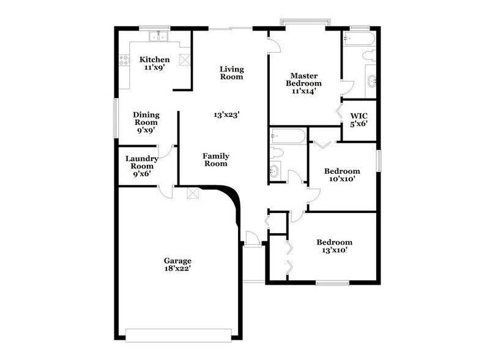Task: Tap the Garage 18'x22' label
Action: (177, 264)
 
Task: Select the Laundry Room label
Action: (142, 166)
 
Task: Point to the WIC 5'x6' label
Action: (358, 120)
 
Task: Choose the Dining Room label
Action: (146, 122)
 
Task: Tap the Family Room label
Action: (215, 160)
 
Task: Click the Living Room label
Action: (232, 73)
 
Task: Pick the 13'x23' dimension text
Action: (226, 114)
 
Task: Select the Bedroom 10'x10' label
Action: (341, 175)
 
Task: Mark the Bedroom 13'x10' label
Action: (334, 246)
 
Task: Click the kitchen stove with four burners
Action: (124, 61)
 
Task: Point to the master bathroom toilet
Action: (369, 56)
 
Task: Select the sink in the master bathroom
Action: (372, 80)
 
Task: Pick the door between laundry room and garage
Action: (165, 192)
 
